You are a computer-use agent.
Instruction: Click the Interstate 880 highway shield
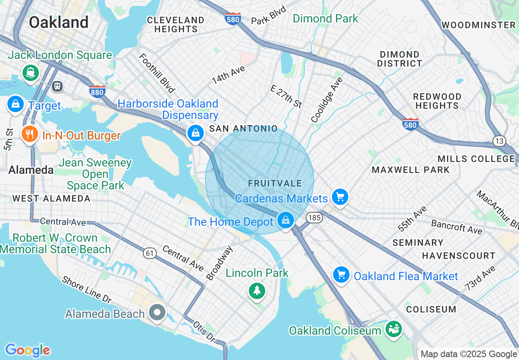[x=97, y=92]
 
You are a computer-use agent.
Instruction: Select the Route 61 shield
[x=149, y=253]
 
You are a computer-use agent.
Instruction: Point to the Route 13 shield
[x=499, y=140]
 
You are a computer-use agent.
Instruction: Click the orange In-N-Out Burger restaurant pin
[x=29, y=134]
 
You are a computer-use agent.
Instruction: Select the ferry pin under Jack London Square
[x=31, y=72]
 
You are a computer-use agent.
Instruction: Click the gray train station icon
[x=57, y=86]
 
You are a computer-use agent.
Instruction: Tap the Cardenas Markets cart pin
[x=340, y=197]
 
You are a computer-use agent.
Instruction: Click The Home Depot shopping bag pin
[x=285, y=220]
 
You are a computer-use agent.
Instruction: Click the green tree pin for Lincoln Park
[x=257, y=290]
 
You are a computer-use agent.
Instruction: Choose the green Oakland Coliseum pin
[x=393, y=328]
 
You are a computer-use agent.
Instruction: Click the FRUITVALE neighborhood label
[x=275, y=184]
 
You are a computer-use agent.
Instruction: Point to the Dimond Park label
[x=325, y=19]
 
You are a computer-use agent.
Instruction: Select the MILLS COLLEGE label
[x=476, y=159]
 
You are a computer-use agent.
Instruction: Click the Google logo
[x=27, y=350]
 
